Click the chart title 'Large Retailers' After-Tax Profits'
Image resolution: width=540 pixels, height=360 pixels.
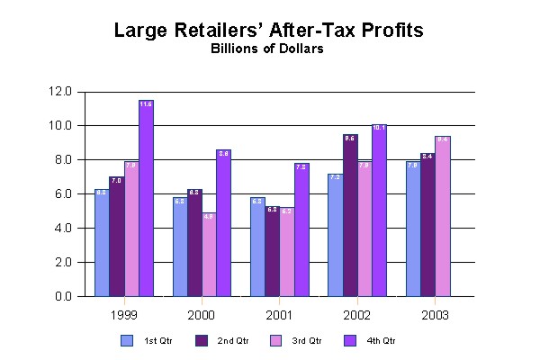pyautogui.click(x=268, y=31)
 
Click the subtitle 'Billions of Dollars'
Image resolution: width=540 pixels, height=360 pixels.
pyautogui.click(x=268, y=49)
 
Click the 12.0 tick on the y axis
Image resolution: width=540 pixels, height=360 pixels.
pyautogui.click(x=62, y=91)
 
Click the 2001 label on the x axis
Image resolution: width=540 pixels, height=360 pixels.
pyautogui.click(x=279, y=316)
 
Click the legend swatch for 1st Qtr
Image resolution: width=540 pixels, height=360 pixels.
pyautogui.click(x=127, y=341)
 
